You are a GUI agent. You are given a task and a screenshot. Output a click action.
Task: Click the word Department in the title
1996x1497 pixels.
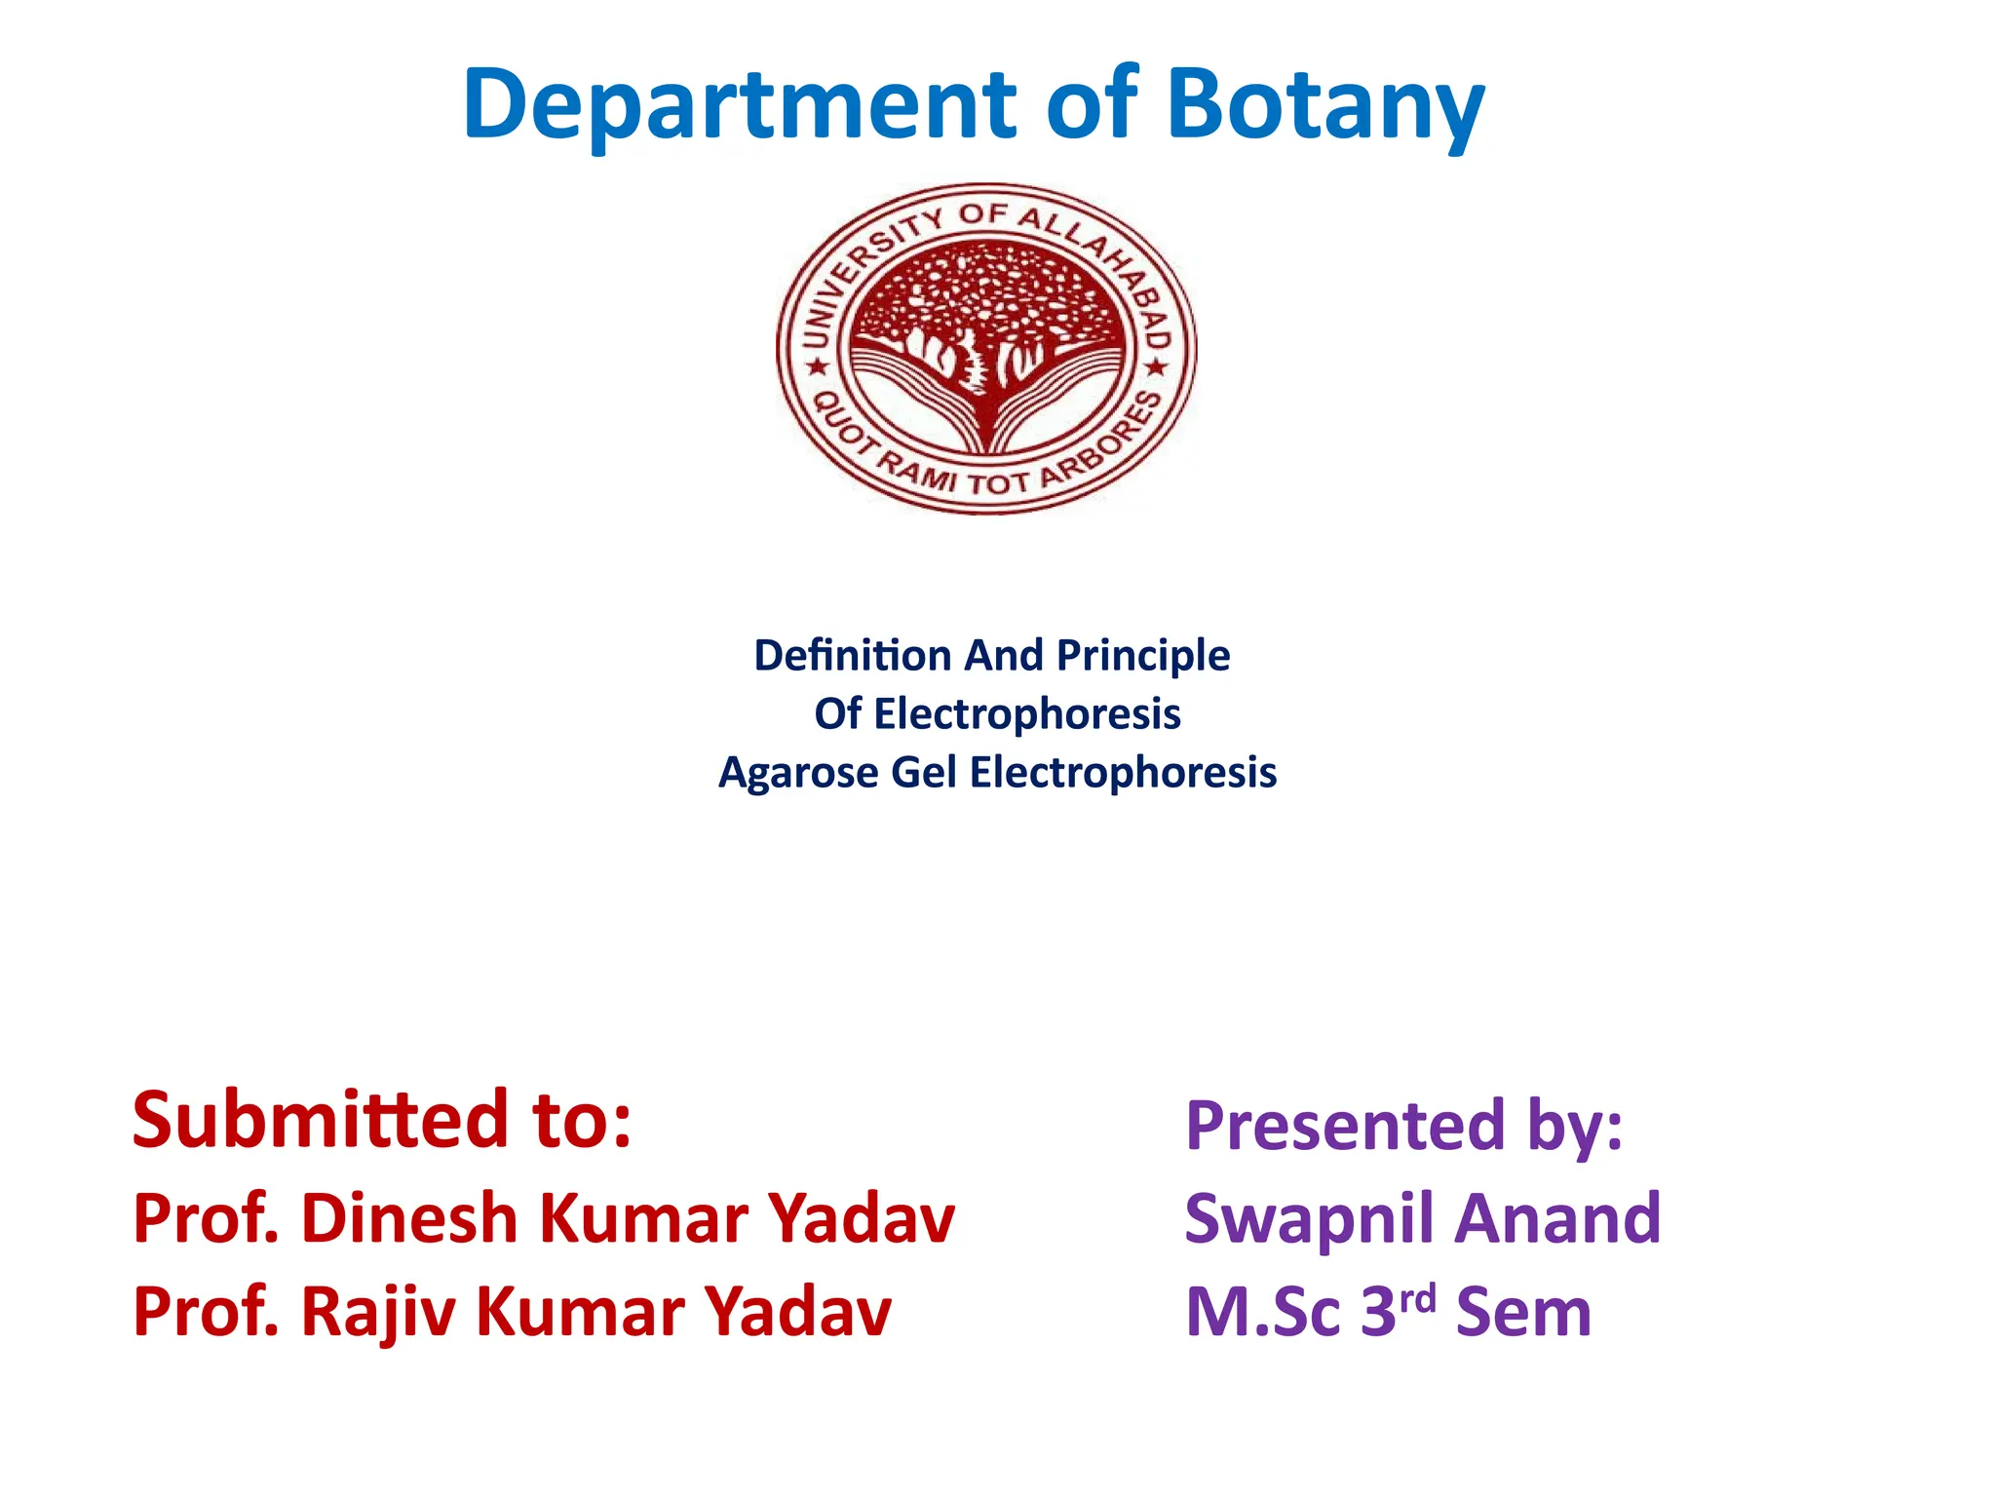739,105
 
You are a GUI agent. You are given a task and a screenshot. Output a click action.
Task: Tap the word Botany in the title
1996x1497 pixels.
1325,105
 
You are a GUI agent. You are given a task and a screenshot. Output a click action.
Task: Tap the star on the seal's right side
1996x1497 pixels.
1156,367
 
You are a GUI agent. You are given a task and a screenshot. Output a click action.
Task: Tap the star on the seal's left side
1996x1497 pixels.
817,367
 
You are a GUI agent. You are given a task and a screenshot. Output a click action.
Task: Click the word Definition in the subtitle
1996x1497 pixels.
852,655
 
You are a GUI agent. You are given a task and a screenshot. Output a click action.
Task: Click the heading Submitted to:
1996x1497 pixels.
382,1120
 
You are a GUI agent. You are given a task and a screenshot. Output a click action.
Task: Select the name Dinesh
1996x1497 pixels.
409,1218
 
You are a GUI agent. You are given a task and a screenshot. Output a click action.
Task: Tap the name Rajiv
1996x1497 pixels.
378,1313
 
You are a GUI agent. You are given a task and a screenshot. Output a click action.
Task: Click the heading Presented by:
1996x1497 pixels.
1403,1126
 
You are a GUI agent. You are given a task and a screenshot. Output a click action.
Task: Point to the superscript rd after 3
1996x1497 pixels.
1418,1299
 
